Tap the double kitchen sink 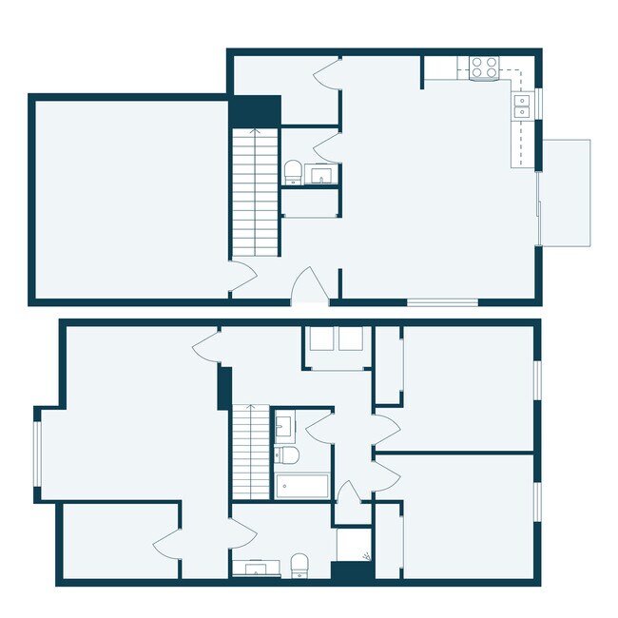[x=522, y=106]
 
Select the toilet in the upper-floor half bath [x=293, y=172]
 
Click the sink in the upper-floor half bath [x=320, y=174]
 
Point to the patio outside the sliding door [x=567, y=191]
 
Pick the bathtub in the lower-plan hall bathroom [x=301, y=486]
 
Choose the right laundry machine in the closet [x=350, y=339]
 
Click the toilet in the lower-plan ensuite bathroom [x=300, y=565]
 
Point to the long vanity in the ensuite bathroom [x=256, y=570]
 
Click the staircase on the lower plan [x=252, y=453]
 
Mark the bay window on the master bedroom [x=39, y=454]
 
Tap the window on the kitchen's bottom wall [x=442, y=303]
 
